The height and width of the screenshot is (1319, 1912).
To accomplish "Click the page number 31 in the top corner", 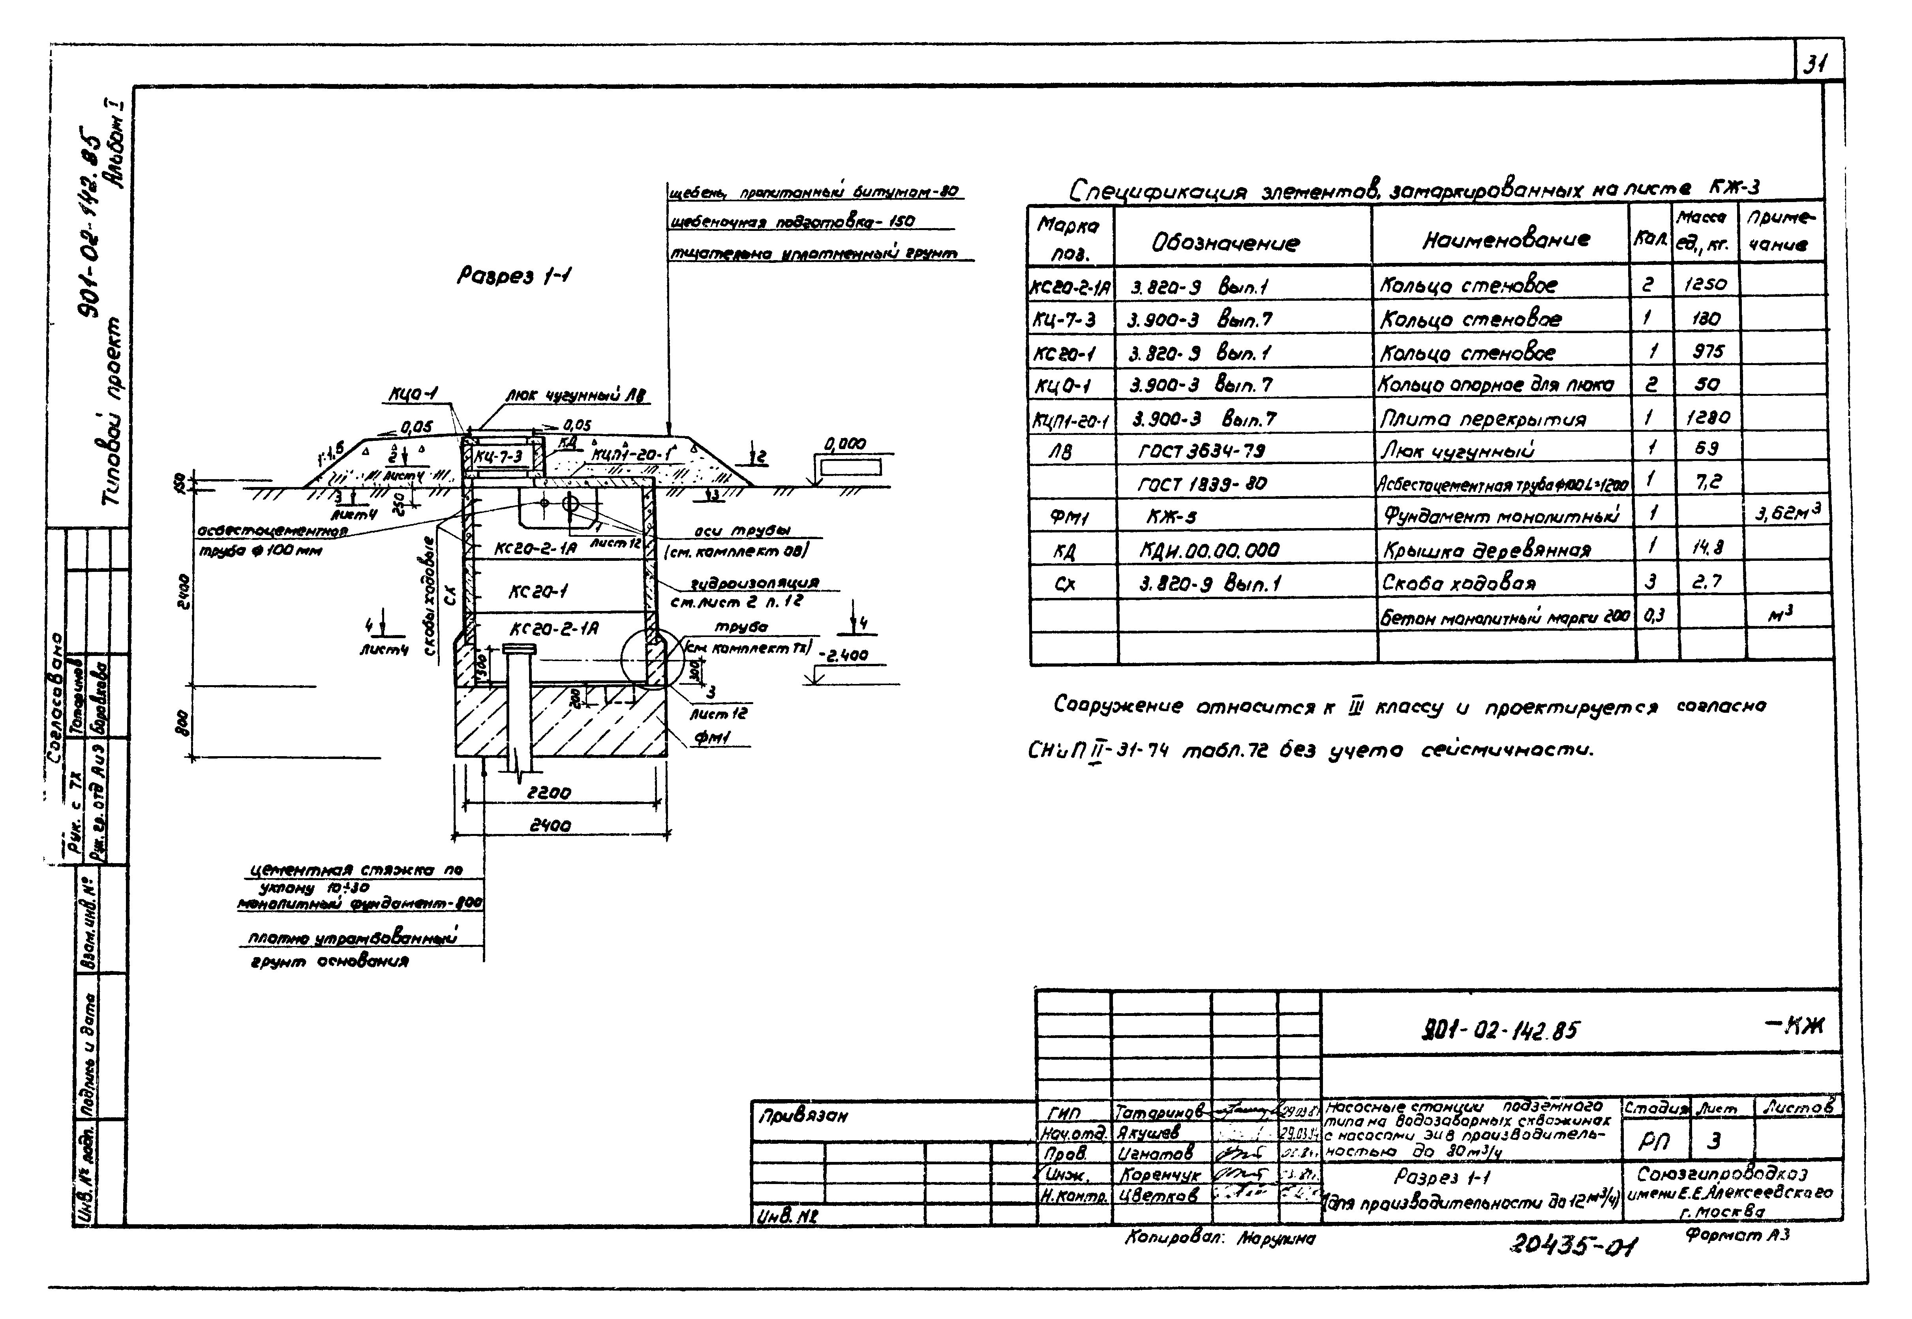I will pos(1815,64).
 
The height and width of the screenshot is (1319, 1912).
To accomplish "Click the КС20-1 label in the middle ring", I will pos(538,592).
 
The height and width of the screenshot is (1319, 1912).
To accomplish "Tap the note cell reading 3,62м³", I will pos(1786,513).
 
